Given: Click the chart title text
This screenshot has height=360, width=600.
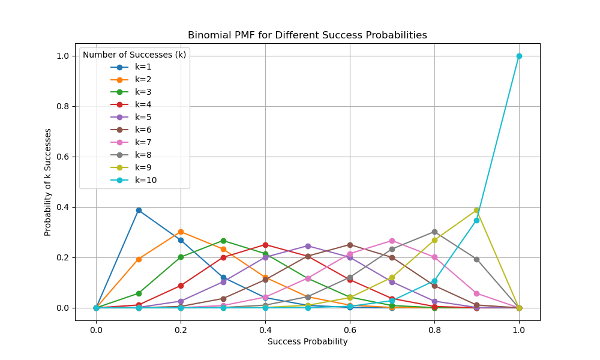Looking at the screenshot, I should point(307,35).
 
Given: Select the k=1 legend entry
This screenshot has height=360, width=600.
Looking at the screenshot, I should point(143,67).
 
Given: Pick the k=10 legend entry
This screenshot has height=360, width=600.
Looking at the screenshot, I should point(145,180).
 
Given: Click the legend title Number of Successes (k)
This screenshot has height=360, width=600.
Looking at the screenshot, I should point(134,55).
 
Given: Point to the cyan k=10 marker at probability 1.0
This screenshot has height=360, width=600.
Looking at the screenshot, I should point(519,56).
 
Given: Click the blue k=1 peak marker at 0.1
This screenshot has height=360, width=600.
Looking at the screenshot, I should point(139,210).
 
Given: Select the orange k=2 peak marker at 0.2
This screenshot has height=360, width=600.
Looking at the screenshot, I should point(181,232).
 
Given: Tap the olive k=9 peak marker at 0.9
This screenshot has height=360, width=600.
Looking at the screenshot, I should point(476,210).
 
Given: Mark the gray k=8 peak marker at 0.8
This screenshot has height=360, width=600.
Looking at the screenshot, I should point(434,232).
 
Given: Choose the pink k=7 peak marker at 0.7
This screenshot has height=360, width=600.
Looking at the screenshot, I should point(392,241).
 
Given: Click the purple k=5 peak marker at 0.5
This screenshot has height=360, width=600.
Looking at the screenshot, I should point(308,246).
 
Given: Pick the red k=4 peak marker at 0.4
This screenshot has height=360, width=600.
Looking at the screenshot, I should point(265,245).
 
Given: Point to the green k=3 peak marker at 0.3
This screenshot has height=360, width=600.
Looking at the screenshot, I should point(223,241).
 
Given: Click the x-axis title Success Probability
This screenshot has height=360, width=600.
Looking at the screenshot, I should point(307,341).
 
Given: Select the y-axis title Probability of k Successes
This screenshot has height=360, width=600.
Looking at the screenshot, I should point(48,181).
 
